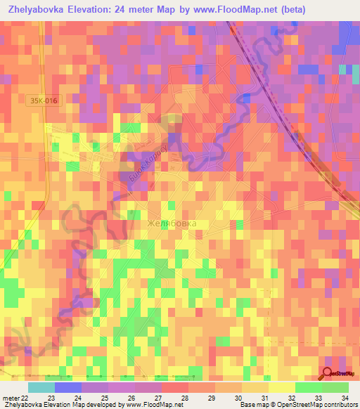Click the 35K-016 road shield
(44, 101)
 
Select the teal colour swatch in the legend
(41, 387)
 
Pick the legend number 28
(184, 398)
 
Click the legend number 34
(345, 398)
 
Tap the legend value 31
(264, 398)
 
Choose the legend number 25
(104, 398)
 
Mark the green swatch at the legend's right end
(335, 387)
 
